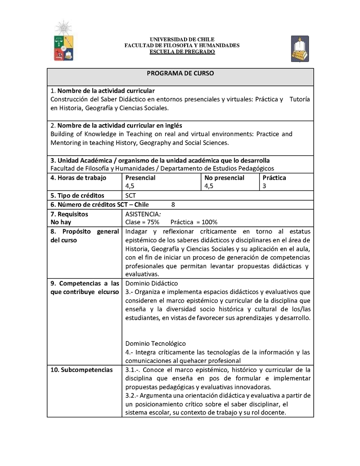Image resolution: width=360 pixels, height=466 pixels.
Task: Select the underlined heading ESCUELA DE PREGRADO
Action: tap(182, 52)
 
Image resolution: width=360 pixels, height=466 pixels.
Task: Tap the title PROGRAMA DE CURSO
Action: tap(180, 73)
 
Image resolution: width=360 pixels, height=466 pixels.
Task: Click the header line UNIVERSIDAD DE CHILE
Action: tap(182, 40)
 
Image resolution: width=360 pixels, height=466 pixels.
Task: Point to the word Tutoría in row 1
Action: tap(299, 99)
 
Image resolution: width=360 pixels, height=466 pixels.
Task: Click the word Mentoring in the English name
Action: tap(66, 143)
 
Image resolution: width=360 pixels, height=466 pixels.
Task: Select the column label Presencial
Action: tap(140, 178)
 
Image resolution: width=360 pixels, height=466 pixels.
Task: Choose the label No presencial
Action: tap(224, 178)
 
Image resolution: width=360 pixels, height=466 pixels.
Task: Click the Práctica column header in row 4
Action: tap(274, 178)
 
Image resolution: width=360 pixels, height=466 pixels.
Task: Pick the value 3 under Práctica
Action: tap(264, 186)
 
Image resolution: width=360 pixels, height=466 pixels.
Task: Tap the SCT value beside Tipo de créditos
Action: tap(130, 195)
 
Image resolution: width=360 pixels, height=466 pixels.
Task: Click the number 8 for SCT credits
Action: tap(173, 204)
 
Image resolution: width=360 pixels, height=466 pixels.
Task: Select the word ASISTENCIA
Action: tap(142, 214)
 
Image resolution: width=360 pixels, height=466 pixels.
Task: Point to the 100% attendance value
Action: tap(208, 222)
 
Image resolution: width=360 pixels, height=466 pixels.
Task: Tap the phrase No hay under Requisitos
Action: tap(61, 222)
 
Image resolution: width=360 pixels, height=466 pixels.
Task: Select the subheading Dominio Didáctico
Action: tap(152, 283)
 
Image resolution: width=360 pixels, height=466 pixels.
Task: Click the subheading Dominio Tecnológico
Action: tap(155, 344)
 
